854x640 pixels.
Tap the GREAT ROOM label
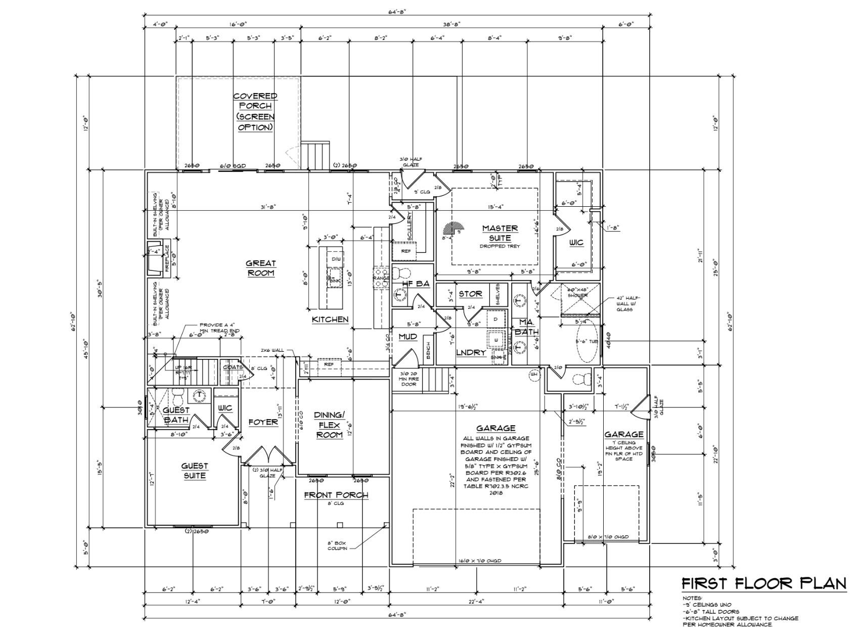point(261,268)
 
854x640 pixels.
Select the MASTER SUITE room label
point(500,233)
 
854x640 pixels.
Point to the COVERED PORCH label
point(255,111)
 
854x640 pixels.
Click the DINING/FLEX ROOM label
point(329,425)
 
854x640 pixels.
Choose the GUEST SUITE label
point(195,471)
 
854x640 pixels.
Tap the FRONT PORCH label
point(336,495)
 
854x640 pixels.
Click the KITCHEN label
point(330,319)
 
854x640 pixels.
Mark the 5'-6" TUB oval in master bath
point(587,343)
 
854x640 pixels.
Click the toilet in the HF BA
point(403,273)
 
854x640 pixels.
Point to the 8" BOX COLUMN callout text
point(337,545)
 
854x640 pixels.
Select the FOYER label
point(263,422)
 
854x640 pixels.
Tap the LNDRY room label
point(471,352)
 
